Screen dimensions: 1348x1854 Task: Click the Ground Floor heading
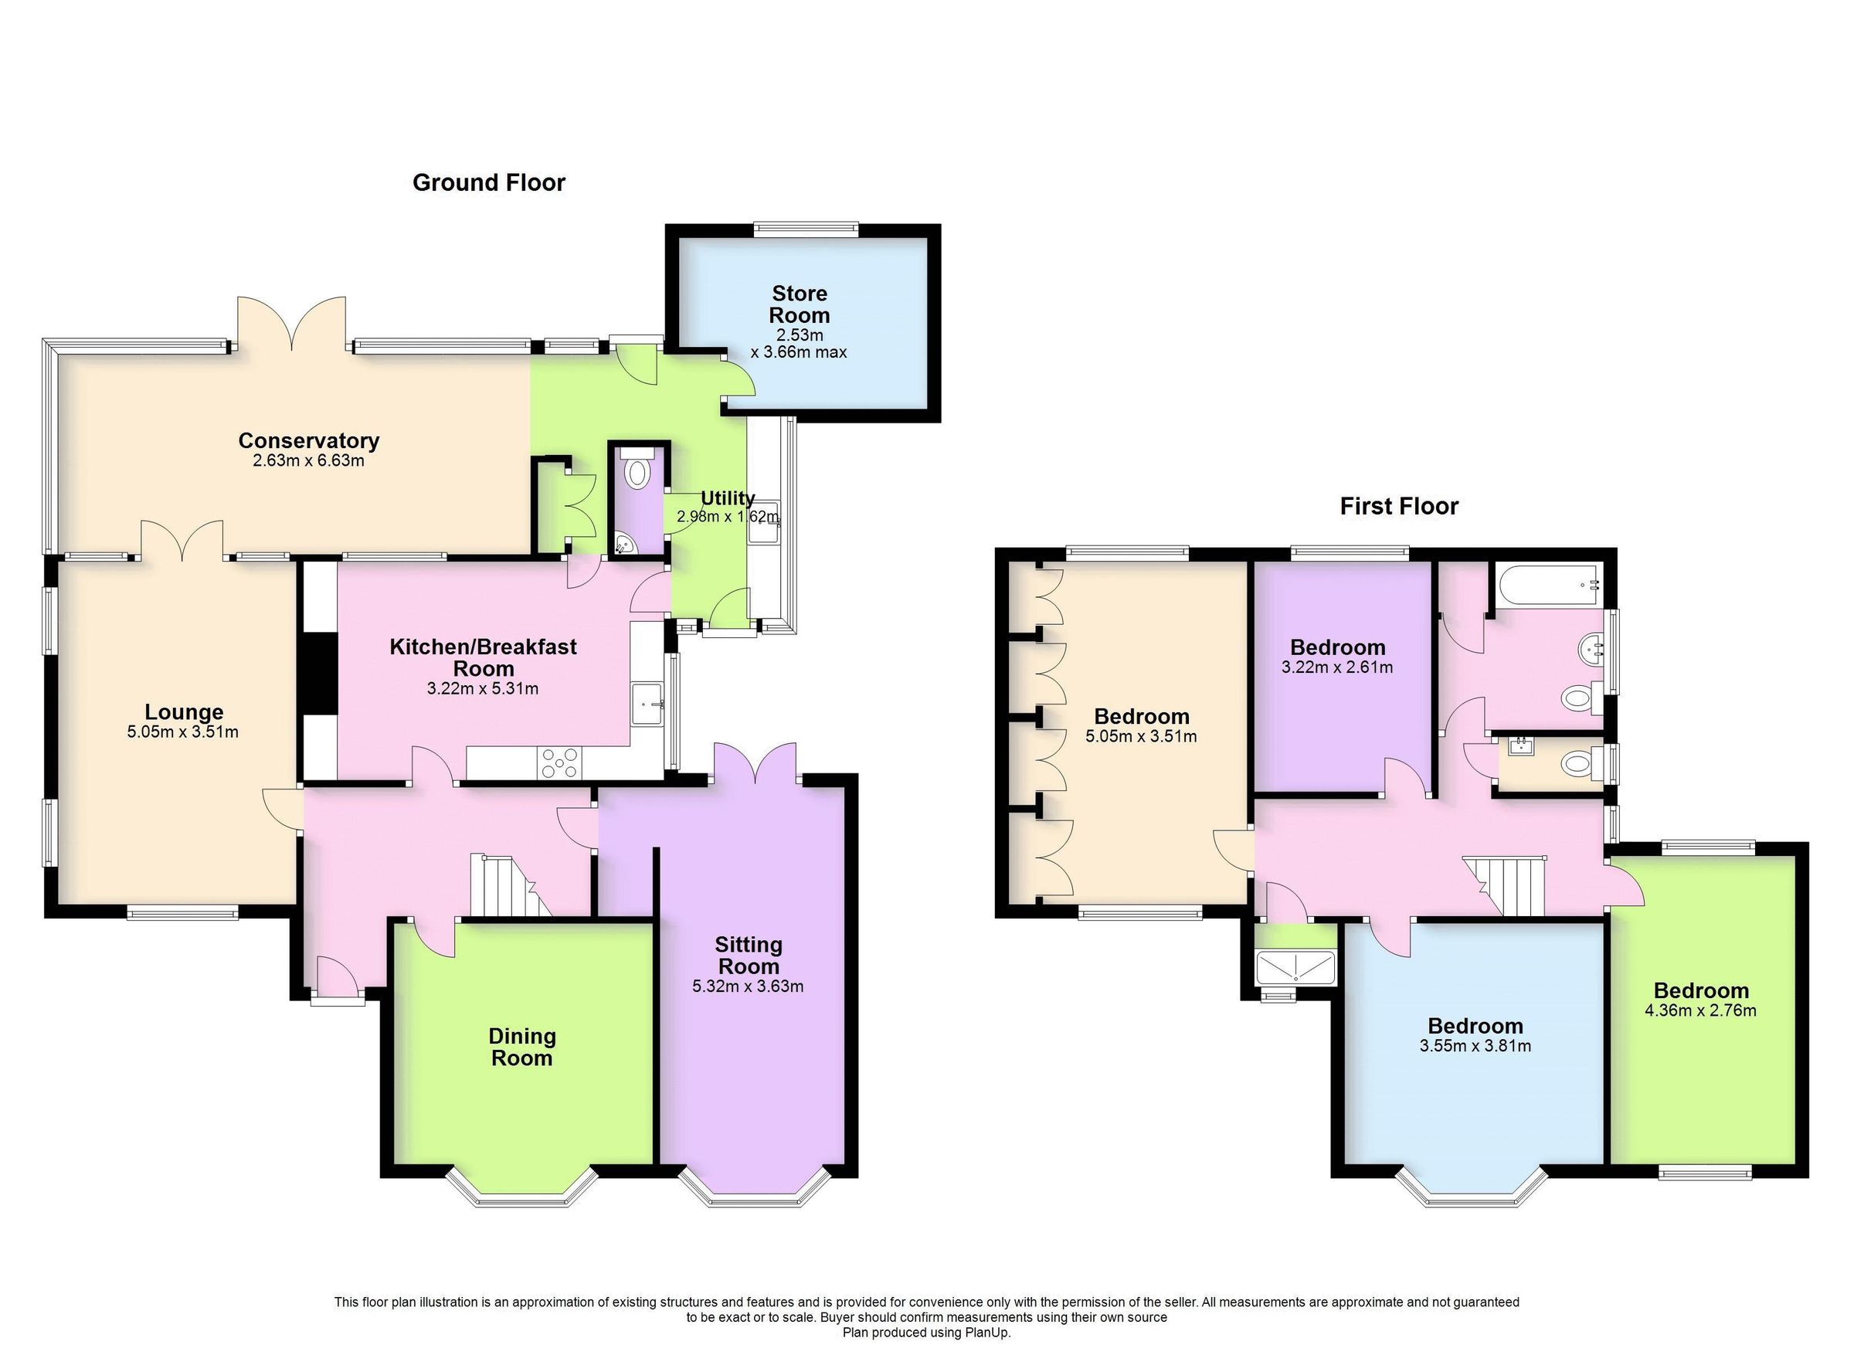click(x=488, y=182)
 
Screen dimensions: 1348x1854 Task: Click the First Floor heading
click(x=1399, y=506)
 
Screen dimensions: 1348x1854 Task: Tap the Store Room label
click(x=800, y=304)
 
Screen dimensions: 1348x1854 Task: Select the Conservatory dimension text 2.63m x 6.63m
click(x=308, y=460)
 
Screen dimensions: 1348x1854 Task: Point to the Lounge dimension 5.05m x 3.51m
click(x=182, y=732)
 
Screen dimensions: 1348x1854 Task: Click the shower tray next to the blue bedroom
click(x=1295, y=966)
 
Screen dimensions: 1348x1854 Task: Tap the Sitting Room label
click(x=748, y=955)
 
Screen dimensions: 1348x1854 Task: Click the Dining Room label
click(x=521, y=1047)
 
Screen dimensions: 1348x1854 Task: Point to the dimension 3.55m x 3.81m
click(x=1475, y=1045)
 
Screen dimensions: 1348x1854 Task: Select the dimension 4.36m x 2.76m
click(x=1699, y=1010)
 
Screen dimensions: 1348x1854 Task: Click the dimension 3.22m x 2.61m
click(x=1336, y=667)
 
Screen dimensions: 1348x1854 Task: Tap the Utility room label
click(x=727, y=497)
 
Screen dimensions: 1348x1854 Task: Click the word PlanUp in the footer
click(x=989, y=1332)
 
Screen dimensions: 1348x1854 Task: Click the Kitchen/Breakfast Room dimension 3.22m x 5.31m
click(x=482, y=688)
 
